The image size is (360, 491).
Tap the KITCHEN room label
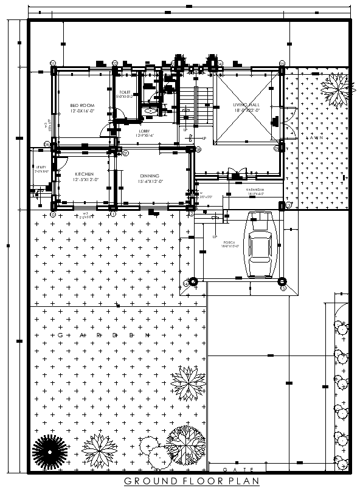[84, 174]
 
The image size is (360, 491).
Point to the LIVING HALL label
[247, 105]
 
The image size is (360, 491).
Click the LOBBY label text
[144, 131]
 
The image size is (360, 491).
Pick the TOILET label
[125, 92]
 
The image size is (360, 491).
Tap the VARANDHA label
[255, 190]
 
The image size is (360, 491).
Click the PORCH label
[229, 242]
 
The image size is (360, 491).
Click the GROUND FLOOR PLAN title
[192, 481]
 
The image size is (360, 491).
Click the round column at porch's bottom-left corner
[193, 281]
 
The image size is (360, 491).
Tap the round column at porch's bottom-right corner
[282, 281]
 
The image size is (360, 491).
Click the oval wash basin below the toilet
[149, 111]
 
